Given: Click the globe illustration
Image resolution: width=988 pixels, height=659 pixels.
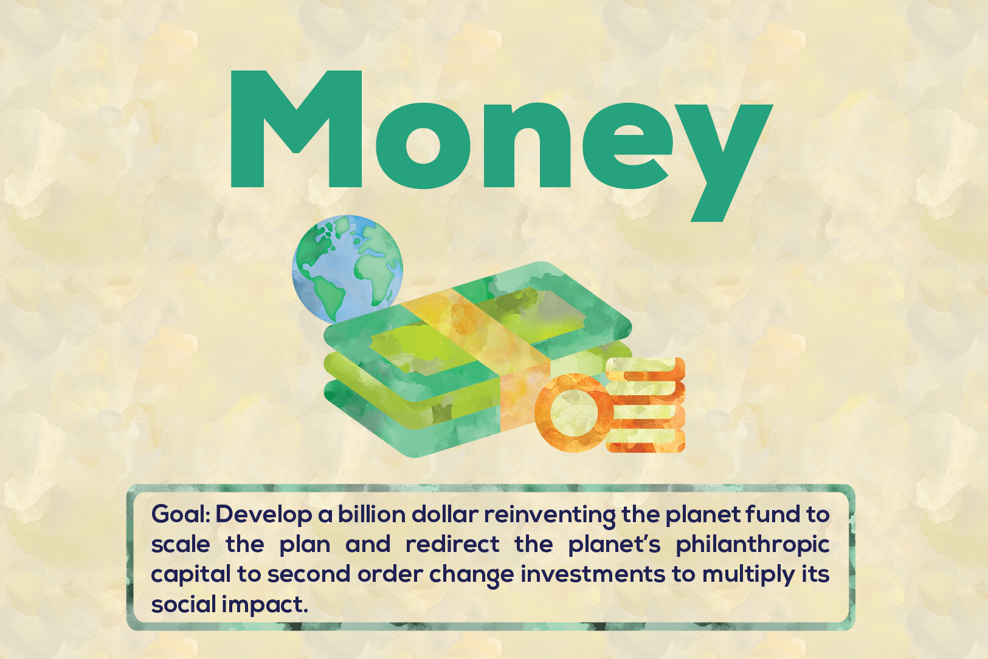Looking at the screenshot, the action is (x=347, y=269).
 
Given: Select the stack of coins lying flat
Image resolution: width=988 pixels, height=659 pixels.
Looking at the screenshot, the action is (x=645, y=405).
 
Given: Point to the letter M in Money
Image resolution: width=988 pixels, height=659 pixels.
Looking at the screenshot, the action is (x=296, y=128).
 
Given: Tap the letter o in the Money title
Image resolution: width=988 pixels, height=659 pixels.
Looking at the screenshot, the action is (x=423, y=146).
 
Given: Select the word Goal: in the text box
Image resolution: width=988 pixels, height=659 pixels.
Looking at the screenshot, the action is (x=181, y=514).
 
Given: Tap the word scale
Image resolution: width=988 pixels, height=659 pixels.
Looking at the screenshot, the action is (x=181, y=544).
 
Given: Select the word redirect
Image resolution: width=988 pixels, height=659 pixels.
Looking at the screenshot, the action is (x=452, y=544).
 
